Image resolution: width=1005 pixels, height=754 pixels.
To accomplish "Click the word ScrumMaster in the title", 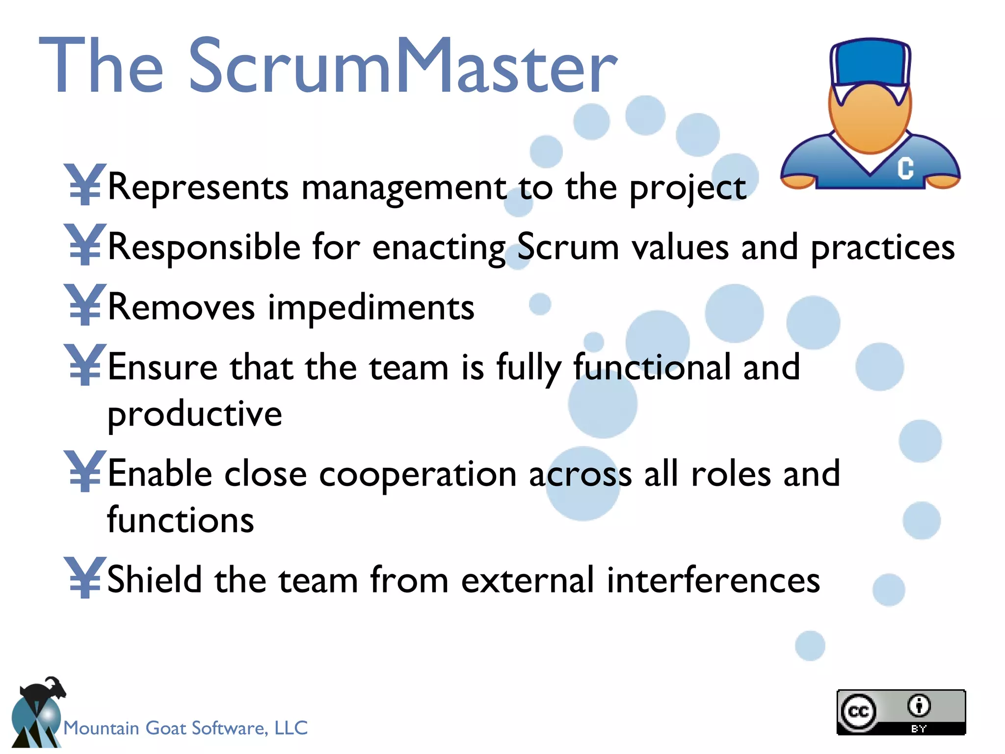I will click(402, 66).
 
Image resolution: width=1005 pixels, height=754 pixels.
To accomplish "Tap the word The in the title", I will click(101, 66).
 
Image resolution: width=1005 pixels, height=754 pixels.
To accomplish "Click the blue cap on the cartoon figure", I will click(870, 61).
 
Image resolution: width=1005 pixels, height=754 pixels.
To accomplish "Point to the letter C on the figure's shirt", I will click(905, 168).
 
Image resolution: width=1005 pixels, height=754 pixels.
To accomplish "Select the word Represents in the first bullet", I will click(198, 187).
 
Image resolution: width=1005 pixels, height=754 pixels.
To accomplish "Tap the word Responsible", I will click(204, 247).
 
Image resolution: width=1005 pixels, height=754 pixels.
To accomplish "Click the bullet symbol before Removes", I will click(84, 305).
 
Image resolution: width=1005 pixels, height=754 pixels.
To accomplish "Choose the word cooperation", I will click(418, 475).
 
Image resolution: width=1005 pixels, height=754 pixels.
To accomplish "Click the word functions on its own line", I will click(181, 520).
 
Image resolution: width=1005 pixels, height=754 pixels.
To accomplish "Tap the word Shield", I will click(154, 580).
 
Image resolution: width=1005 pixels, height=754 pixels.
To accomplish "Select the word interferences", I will click(713, 581).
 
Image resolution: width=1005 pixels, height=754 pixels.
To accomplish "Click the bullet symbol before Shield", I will click(84, 577).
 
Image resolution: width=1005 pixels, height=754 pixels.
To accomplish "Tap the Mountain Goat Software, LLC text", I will click(185, 728).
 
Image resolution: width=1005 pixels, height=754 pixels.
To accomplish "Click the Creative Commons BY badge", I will click(901, 712).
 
